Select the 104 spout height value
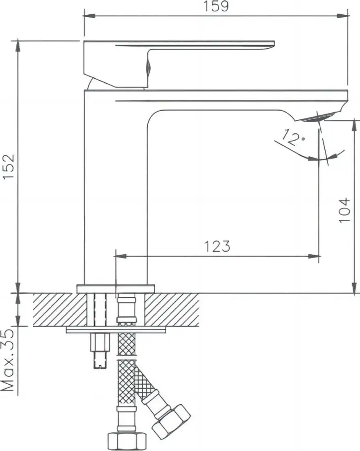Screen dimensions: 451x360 [345, 210]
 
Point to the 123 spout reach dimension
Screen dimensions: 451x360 [217, 246]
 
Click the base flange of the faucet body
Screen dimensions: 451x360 [116, 289]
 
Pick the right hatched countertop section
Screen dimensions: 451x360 [172, 310]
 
